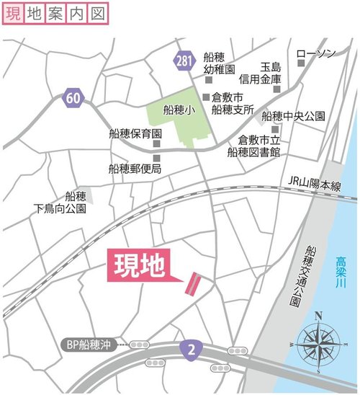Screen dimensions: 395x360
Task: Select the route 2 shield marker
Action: point(190,348)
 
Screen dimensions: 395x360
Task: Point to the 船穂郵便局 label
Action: point(135,169)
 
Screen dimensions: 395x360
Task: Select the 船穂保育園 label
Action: point(135,135)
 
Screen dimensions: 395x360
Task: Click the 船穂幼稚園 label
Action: point(220,63)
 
